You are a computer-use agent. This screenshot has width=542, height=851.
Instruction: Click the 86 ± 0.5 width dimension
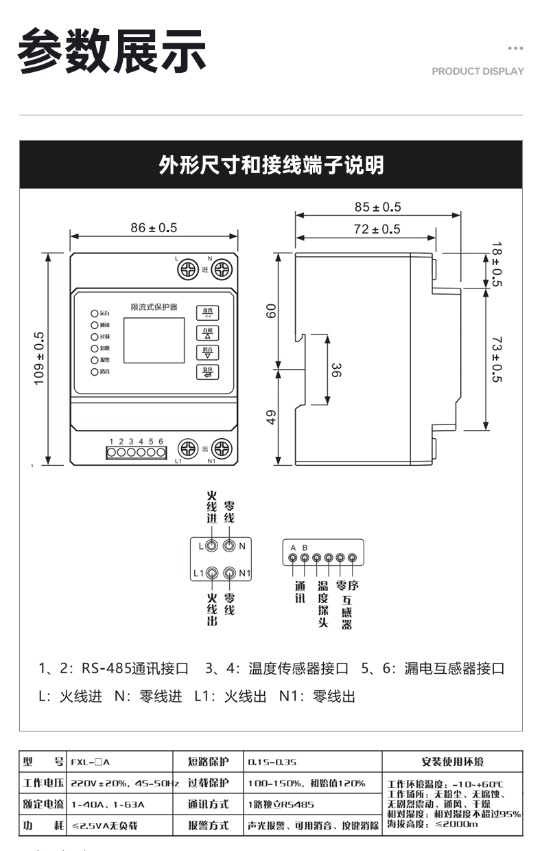[x=154, y=227]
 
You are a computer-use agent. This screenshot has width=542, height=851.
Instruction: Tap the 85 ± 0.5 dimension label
[x=377, y=207]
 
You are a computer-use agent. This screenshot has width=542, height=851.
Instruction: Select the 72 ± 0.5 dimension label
[x=377, y=229]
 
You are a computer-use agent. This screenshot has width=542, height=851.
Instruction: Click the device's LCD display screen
[x=154, y=340]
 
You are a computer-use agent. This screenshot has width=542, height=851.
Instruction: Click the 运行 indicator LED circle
[x=95, y=313]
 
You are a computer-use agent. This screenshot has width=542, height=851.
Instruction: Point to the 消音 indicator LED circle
[x=95, y=372]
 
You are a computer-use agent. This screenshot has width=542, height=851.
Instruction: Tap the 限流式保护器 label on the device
[x=154, y=306]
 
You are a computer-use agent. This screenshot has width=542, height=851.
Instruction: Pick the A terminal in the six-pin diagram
[x=294, y=558]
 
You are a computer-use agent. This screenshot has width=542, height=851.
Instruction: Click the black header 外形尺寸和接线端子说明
[x=271, y=166]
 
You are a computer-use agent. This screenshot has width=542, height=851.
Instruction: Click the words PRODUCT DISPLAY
[x=478, y=71]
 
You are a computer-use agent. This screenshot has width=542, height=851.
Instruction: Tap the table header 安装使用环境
[x=452, y=762]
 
